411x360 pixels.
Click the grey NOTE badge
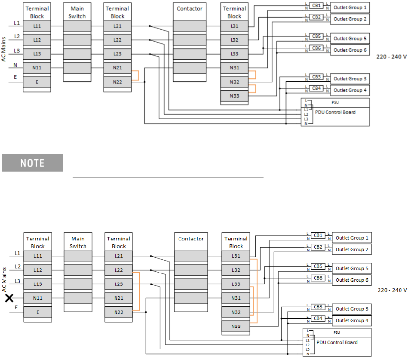[32, 163]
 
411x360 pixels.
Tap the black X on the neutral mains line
[9, 298]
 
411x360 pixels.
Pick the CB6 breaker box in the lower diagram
[318, 278]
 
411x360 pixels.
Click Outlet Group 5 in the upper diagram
[350, 39]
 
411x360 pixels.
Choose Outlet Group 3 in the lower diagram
[352, 309]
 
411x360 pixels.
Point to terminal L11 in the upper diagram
[37, 26]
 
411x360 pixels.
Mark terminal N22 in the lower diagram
[119, 312]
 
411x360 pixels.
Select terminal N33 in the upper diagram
[234, 96]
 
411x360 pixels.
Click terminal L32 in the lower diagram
[236, 270]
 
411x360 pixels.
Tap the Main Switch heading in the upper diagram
[77, 12]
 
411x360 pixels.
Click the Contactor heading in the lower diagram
[191, 239]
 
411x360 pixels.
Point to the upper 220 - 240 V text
[391, 57]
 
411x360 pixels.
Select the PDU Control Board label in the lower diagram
[337, 342]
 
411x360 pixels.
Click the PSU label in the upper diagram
[335, 103]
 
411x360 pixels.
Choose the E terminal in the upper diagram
[37, 82]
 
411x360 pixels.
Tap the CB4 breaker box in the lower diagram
[318, 319]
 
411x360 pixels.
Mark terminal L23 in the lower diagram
[119, 284]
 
